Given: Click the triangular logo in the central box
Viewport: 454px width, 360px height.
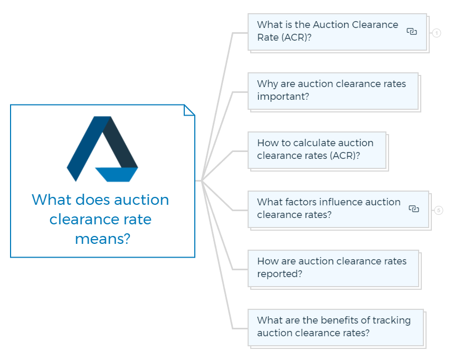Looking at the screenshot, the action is [x=102, y=149].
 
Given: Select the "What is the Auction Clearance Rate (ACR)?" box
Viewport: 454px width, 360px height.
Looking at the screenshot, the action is [x=337, y=32].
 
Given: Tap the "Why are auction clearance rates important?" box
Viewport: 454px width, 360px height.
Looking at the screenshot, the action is [x=333, y=91].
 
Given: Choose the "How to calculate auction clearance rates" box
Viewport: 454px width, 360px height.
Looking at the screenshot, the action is [x=317, y=150].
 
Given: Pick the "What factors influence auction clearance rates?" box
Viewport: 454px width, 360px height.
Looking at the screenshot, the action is [x=338, y=209].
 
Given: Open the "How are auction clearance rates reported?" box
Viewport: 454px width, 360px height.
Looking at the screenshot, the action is [x=333, y=268].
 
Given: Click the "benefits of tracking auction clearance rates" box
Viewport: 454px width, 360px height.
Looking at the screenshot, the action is [x=336, y=327].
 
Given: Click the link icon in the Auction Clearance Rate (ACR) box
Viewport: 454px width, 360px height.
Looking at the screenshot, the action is [x=412, y=31].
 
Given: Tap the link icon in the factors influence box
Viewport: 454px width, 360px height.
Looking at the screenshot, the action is [x=414, y=209].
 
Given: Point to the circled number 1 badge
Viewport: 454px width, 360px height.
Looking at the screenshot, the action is [x=437, y=33].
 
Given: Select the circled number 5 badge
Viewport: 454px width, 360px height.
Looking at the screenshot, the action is [x=439, y=210].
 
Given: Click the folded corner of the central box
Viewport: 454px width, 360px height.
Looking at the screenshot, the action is [x=190, y=110].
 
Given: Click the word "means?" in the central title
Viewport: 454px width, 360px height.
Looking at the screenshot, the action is [x=102, y=239].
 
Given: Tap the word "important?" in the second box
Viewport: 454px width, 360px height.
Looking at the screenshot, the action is [x=283, y=97].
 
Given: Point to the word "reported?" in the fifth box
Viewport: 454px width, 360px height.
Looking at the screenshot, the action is [x=280, y=273].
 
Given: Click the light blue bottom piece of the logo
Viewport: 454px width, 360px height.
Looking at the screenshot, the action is [x=116, y=175].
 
